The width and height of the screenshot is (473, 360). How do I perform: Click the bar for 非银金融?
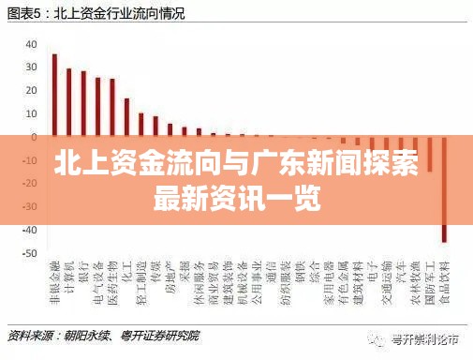pos(54,94)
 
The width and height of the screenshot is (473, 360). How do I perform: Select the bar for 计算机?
pos(68,99)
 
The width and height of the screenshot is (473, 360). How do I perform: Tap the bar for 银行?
pos(83,102)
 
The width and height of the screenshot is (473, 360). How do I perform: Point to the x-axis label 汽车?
pos(402,276)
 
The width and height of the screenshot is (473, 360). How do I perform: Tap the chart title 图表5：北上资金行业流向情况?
pos(96,13)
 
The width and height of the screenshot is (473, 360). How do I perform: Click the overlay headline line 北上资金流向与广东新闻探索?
pos(236,165)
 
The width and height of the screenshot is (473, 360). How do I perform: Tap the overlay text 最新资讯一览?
pos(236,198)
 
